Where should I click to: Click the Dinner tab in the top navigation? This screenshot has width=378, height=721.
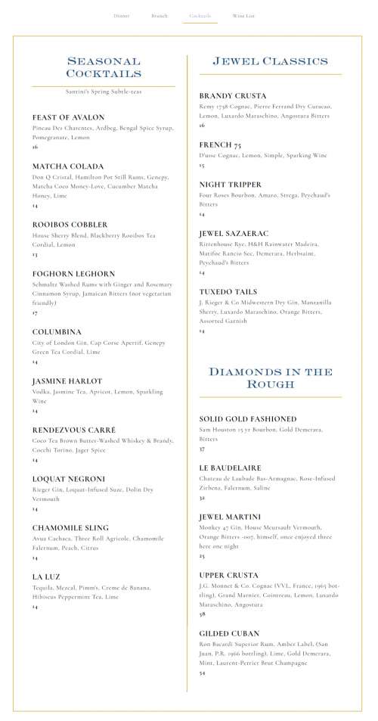point(121,15)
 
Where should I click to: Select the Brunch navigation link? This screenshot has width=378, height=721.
point(160,15)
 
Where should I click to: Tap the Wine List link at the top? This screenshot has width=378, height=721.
point(243,15)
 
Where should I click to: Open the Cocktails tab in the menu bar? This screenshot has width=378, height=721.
point(200,15)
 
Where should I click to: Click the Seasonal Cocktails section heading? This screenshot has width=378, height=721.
point(104,67)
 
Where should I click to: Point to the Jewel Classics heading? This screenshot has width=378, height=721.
point(270,61)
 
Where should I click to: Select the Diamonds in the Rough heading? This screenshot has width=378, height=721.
point(270,378)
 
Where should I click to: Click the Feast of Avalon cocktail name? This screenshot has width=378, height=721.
point(68,117)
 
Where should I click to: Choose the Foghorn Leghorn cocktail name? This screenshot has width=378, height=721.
point(73,274)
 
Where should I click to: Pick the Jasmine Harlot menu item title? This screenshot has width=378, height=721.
point(67,381)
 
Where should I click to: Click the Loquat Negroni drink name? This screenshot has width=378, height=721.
point(68,479)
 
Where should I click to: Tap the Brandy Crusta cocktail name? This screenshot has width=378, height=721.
point(233,96)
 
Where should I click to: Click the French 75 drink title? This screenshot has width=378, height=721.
point(220,145)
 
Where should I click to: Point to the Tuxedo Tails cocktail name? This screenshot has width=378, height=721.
point(228,291)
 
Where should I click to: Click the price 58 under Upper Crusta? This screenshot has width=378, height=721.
point(202,614)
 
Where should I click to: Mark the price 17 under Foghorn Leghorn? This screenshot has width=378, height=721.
point(35,312)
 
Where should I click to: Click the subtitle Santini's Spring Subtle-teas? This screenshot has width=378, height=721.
point(104,92)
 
